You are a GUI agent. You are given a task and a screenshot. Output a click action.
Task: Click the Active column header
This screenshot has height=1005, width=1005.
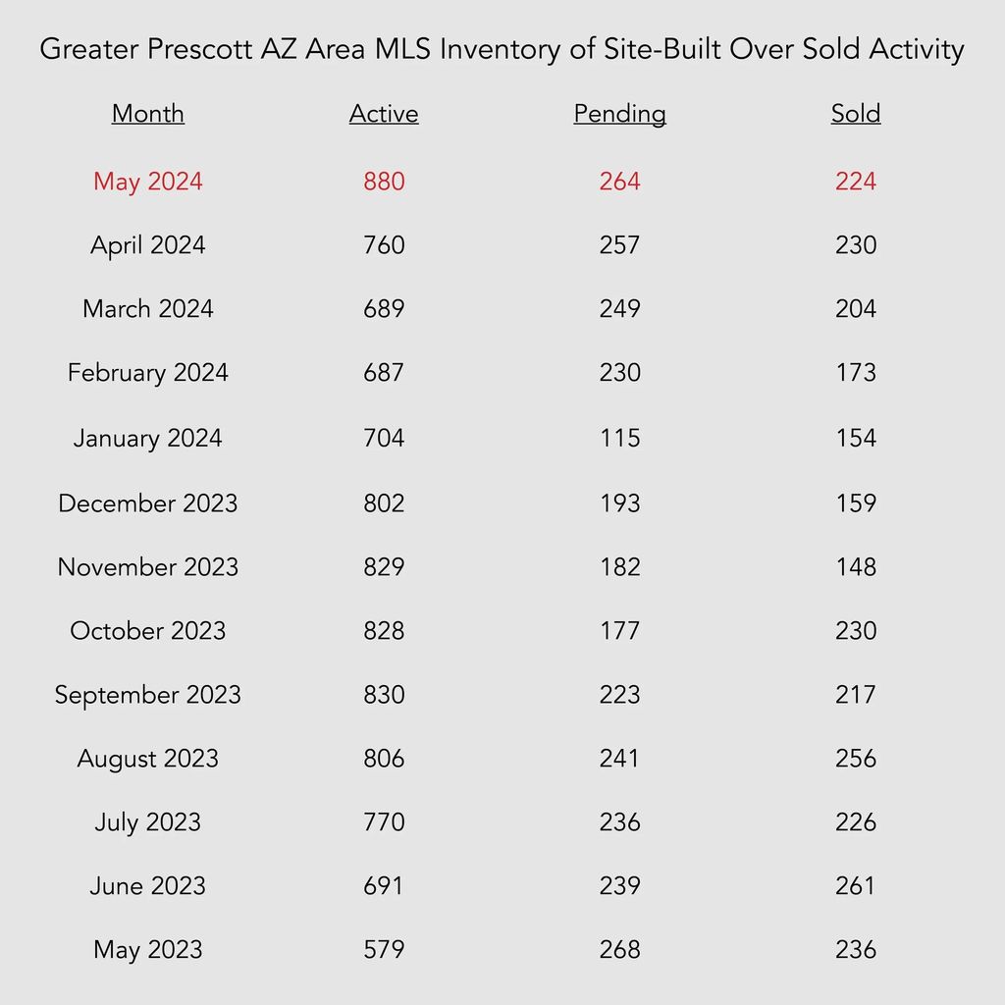pyautogui.click(x=384, y=114)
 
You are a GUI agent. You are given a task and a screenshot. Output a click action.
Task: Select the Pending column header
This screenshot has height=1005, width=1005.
pyautogui.click(x=620, y=114)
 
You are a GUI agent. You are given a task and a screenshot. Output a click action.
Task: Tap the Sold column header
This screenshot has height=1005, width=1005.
pyautogui.click(x=856, y=114)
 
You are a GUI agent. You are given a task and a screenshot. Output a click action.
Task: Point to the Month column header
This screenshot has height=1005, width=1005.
pyautogui.click(x=148, y=114)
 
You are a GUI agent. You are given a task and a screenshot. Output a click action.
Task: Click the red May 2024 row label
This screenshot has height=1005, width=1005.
pyautogui.click(x=148, y=182)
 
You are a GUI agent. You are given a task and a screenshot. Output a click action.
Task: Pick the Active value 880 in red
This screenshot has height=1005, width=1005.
pyautogui.click(x=384, y=182)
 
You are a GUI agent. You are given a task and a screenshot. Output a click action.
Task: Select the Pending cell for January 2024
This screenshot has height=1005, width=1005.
pyautogui.click(x=620, y=438)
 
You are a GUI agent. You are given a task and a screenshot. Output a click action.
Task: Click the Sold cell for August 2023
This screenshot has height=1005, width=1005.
pyautogui.click(x=856, y=759)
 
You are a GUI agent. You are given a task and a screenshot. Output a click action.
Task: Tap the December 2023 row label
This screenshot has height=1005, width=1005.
pyautogui.click(x=148, y=503)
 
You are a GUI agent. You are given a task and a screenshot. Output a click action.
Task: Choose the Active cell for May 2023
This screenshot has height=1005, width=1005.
pyautogui.click(x=384, y=949)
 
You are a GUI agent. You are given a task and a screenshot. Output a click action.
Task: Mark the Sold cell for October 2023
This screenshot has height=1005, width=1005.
pyautogui.click(x=856, y=631)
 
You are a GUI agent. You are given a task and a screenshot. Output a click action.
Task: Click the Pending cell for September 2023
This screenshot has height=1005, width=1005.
pyautogui.click(x=620, y=695)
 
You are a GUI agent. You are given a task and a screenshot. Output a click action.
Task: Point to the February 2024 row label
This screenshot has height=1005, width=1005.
pyautogui.click(x=148, y=373)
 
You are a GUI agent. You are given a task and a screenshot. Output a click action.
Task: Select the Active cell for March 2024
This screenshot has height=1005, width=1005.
pyautogui.click(x=384, y=309)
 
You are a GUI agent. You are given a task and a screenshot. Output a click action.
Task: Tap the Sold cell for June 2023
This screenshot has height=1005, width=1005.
pyautogui.click(x=856, y=886)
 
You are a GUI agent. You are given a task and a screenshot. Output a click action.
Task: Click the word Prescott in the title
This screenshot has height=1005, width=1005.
pyautogui.click(x=200, y=49)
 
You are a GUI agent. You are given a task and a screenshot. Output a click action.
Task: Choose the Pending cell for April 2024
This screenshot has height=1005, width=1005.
pyautogui.click(x=620, y=244)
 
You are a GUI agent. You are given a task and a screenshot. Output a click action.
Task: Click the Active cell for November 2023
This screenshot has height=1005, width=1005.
pyautogui.click(x=384, y=566)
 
